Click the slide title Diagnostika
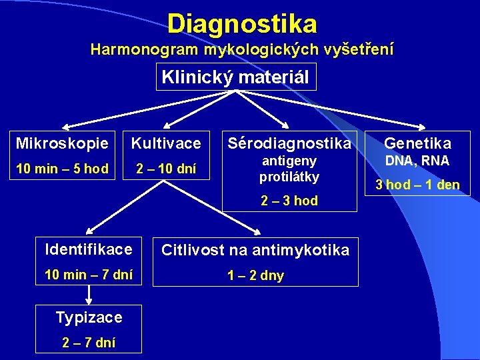point(242,24)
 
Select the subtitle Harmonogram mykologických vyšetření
point(242,49)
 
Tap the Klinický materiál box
point(235,77)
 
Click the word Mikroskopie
point(62,143)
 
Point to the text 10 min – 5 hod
point(62,169)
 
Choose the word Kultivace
point(166,143)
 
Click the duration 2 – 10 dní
point(166,169)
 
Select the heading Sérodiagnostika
point(289,143)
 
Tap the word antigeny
point(289,161)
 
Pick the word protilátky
point(289,177)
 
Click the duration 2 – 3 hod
point(289,201)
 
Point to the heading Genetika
point(418,143)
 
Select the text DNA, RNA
point(418,161)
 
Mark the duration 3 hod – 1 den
point(418,185)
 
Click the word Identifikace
point(89,250)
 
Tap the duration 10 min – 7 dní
point(89,274)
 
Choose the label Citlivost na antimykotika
point(255,250)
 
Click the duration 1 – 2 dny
point(255,275)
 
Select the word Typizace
point(89,317)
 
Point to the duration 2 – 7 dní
point(89,343)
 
